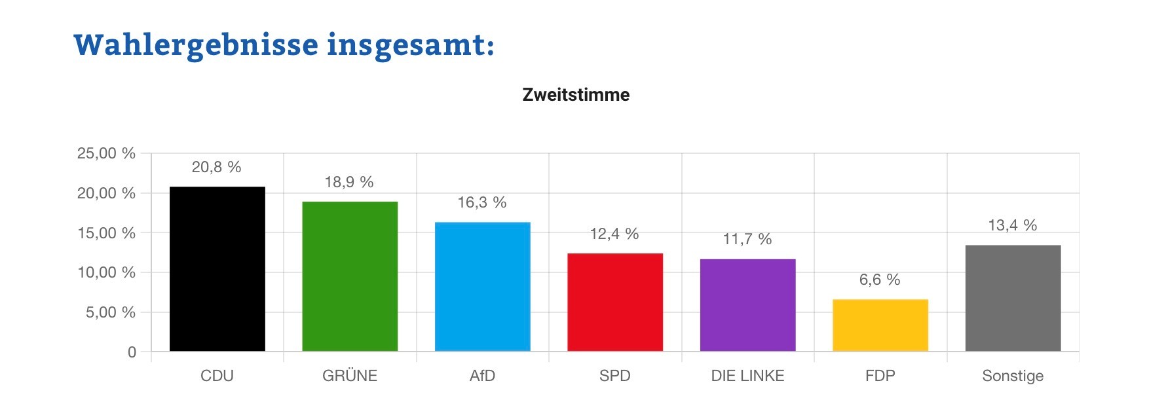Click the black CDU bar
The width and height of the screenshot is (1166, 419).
217,269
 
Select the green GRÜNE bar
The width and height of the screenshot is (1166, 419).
350,276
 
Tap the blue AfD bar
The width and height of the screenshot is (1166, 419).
482,287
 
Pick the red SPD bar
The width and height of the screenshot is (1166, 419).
614,302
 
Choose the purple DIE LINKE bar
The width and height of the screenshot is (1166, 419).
747,305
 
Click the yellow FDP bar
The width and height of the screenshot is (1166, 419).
880,325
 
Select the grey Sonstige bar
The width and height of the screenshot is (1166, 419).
1013,299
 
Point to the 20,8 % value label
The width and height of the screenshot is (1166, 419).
216,168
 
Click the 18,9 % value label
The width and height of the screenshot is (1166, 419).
349,182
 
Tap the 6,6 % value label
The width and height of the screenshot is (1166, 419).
880,280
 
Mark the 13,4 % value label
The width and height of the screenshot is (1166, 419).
1012,226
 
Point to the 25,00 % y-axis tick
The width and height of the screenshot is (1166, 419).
106,154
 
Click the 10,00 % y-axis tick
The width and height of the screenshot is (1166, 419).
106,272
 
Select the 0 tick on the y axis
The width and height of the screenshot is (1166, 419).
132,352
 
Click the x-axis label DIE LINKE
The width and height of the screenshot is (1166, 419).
747,376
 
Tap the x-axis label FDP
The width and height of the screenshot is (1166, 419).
880,376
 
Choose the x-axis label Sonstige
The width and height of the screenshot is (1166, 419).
1013,376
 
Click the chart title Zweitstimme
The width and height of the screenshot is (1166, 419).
576,95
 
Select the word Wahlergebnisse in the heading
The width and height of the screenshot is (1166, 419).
196,45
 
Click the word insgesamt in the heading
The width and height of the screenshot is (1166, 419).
410,45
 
